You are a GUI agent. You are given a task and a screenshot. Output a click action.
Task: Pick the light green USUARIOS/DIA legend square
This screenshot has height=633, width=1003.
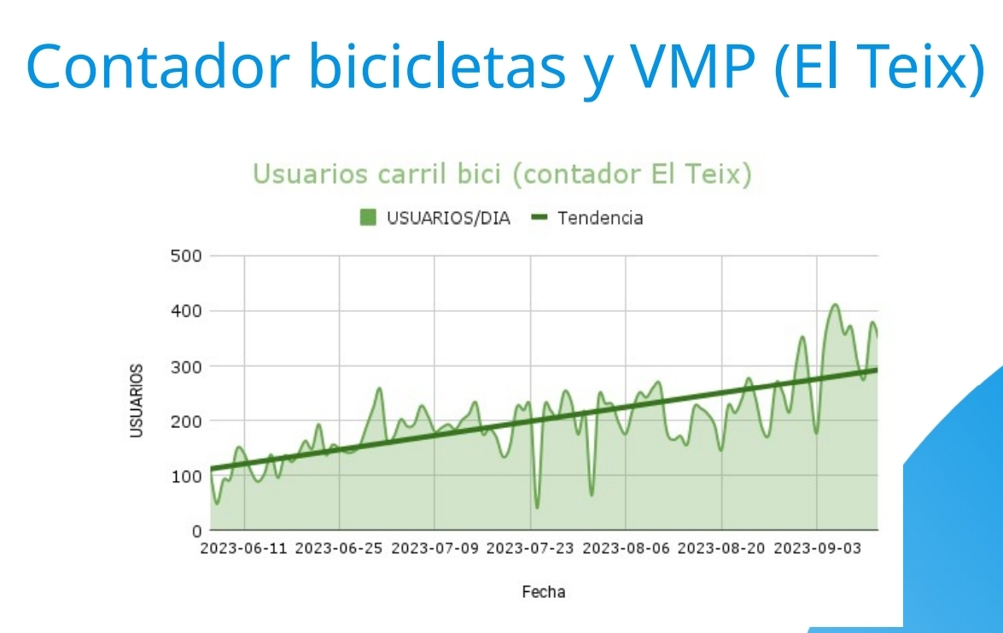pos(368,218)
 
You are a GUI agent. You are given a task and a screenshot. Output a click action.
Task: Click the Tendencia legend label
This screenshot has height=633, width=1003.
pos(600,218)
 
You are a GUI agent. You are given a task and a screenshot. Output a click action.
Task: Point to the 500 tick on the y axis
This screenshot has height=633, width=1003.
pos(185,256)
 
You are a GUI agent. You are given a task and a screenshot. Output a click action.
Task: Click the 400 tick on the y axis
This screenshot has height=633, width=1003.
pos(185,311)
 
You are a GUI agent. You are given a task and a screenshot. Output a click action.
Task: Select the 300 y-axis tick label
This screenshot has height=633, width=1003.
pos(185,366)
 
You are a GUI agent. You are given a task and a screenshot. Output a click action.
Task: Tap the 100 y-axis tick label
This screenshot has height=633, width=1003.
pos(185,476)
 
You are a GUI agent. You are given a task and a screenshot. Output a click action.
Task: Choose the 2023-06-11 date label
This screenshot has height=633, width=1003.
pos(243,548)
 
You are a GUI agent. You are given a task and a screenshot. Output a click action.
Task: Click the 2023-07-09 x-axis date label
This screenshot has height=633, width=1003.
pos(434,548)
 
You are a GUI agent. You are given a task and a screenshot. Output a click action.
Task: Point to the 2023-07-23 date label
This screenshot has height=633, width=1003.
pos(530,548)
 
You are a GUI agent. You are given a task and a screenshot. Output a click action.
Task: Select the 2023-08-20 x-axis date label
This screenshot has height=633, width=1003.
pos(721,548)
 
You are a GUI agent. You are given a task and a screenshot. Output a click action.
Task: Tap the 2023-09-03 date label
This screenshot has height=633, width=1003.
pos(817,548)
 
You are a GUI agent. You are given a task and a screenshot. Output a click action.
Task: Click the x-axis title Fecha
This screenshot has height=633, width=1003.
pos(544,591)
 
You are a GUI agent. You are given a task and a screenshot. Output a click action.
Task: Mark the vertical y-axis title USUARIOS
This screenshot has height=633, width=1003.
pos(137,401)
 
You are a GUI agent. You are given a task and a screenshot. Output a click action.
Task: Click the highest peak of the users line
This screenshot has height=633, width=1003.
pos(835,304)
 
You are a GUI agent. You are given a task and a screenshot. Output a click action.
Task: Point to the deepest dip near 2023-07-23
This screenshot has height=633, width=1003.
pos(537,507)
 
